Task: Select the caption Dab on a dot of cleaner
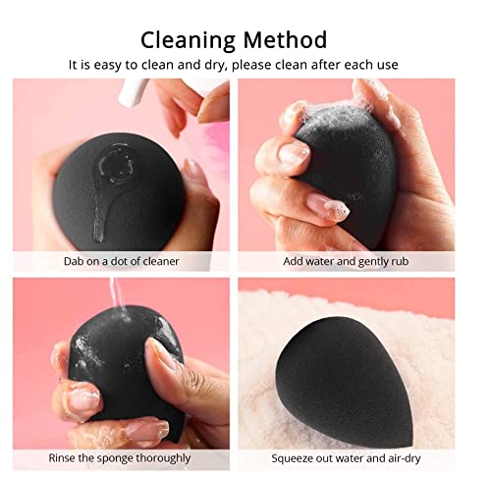(123, 262)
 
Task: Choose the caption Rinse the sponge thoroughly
(123, 457)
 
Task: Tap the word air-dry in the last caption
(407, 457)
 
